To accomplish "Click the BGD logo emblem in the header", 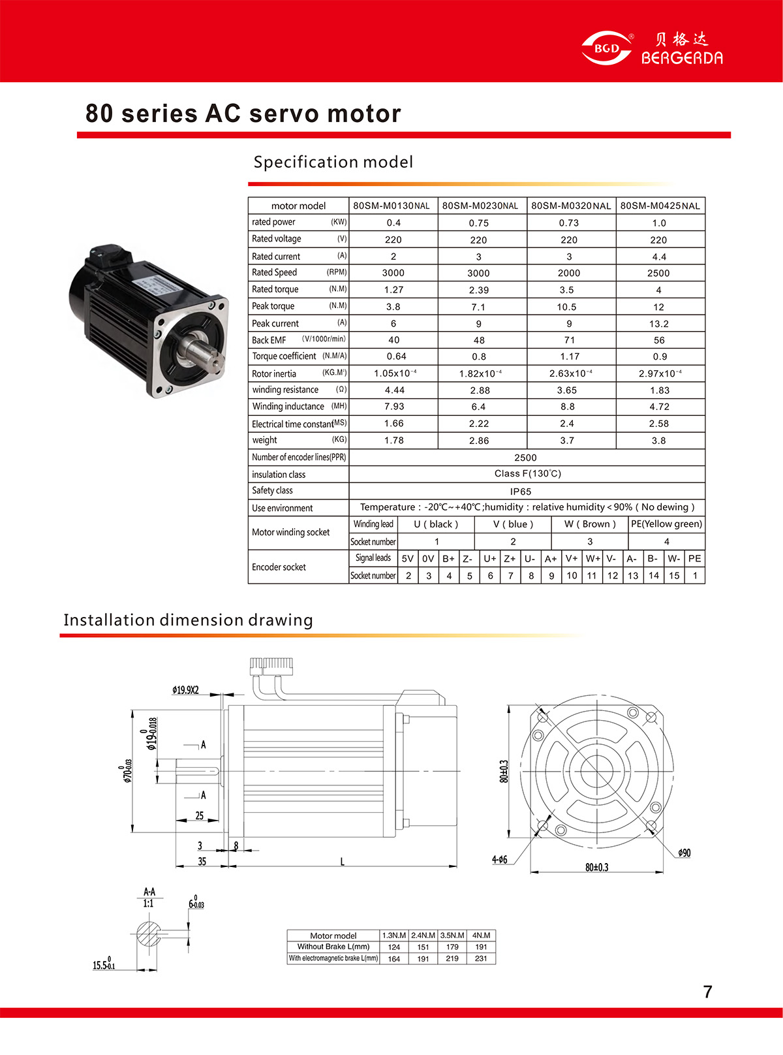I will [x=606, y=48].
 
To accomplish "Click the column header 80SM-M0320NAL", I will [x=571, y=206].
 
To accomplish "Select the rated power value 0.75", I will [x=478, y=223].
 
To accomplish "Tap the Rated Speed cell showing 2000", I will [x=569, y=273].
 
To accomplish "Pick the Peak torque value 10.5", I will [x=566, y=307].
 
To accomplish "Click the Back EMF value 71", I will [x=570, y=340].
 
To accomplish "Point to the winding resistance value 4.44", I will [x=395, y=390].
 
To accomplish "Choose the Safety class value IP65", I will [x=521, y=492].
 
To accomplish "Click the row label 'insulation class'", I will [x=279, y=475].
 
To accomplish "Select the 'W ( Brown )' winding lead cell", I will [x=590, y=524].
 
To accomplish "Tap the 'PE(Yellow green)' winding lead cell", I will [x=666, y=524].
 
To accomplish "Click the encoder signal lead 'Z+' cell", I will [x=510, y=559].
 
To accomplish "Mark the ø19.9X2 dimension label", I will [x=185, y=689].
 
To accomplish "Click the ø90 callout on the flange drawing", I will [x=684, y=853].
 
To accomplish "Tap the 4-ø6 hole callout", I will [x=499, y=860].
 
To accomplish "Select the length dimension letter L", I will [x=342, y=862].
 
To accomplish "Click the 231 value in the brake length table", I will [x=481, y=958].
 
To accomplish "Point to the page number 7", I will [x=708, y=992].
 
